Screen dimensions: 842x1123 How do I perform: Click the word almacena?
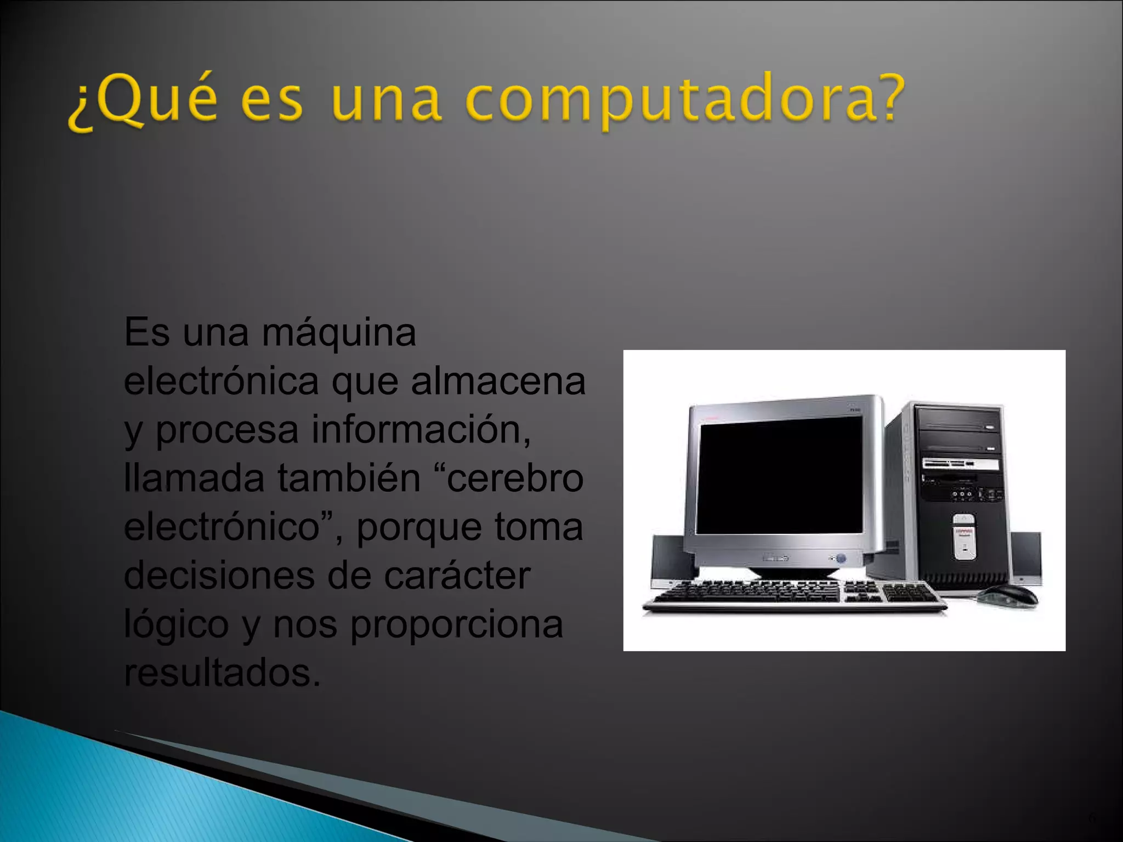click(498, 382)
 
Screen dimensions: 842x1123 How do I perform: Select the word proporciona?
click(457, 624)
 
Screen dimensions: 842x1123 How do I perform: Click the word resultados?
click(222, 673)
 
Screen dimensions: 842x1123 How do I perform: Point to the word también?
click(349, 478)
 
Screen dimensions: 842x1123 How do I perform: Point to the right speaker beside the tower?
click(1026, 556)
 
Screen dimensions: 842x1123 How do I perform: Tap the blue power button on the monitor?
click(841, 559)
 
